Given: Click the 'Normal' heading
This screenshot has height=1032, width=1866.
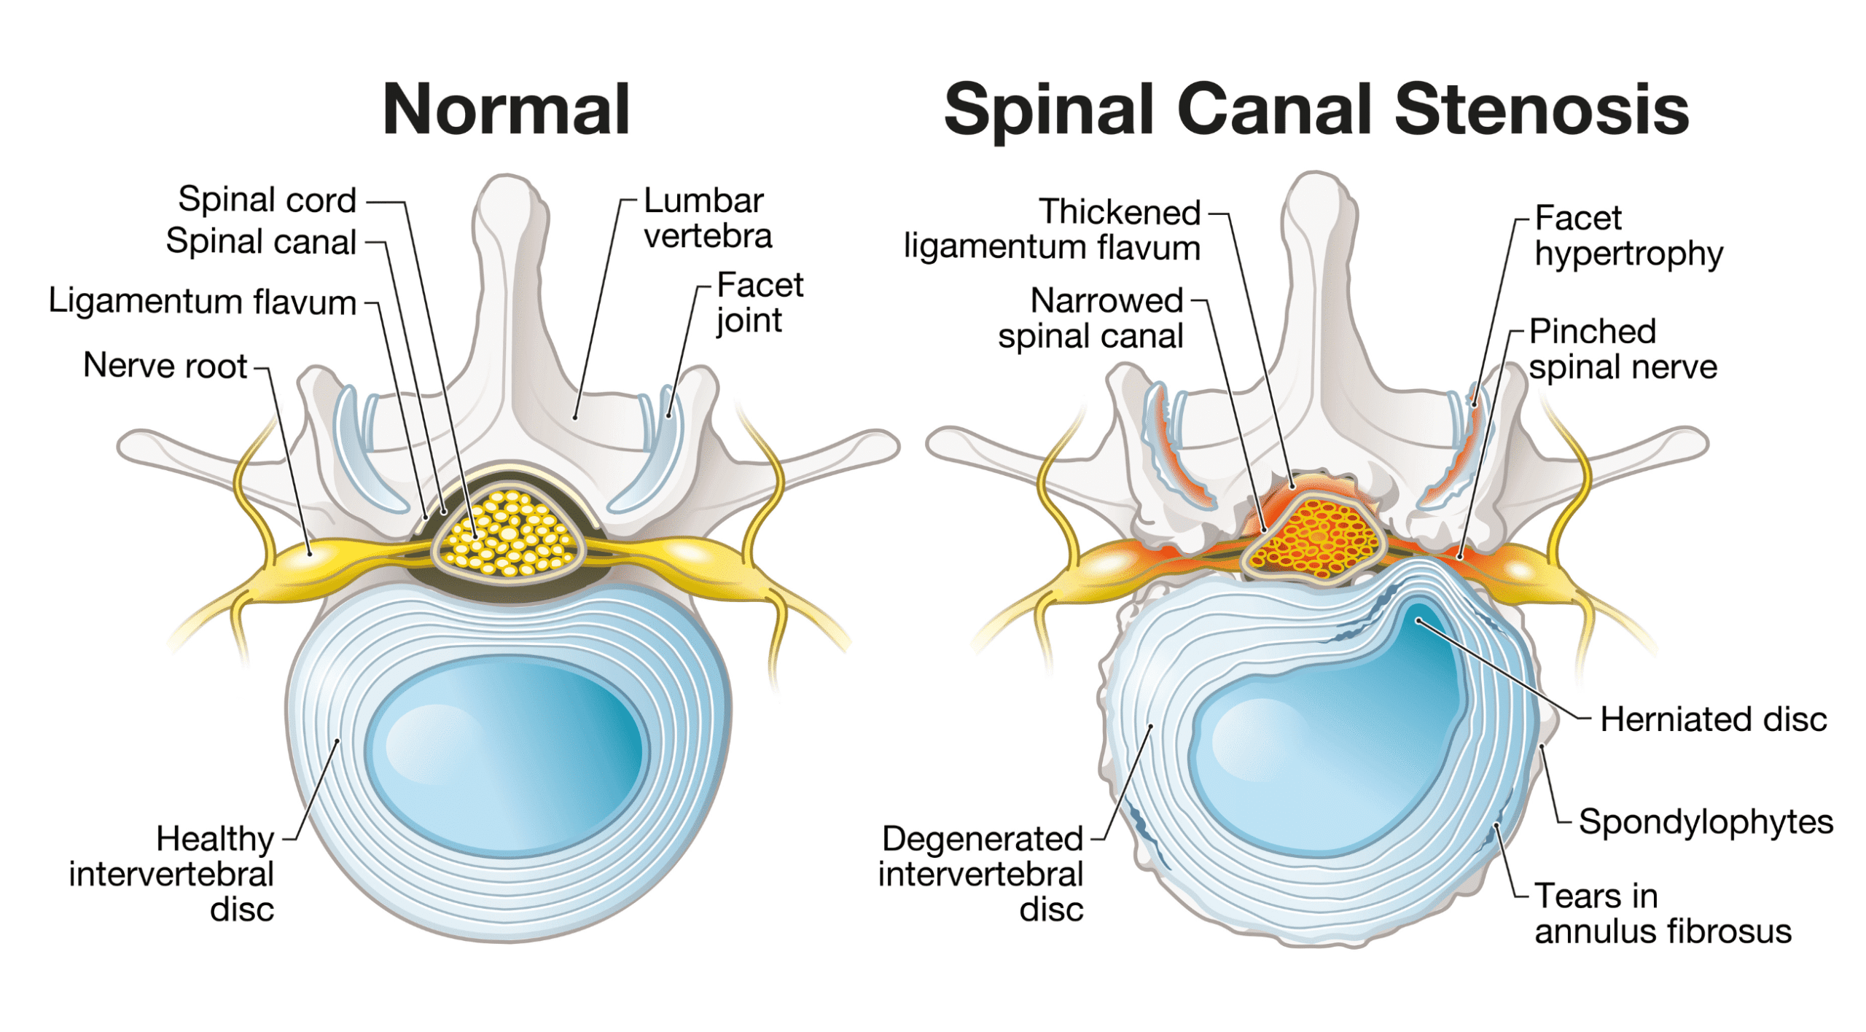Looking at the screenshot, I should click(x=505, y=109).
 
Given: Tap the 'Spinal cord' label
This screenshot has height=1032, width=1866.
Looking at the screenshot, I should click(x=267, y=200).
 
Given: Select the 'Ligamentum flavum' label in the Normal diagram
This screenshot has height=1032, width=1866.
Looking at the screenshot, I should click(x=202, y=301).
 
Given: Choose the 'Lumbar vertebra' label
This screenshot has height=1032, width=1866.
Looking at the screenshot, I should click(x=706, y=218).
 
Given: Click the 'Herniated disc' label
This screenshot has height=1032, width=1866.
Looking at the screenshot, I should click(x=1712, y=719).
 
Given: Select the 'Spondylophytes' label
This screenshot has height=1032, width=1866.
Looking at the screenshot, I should click(x=1705, y=821).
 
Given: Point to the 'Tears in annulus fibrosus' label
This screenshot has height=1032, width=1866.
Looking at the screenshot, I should click(x=1661, y=913).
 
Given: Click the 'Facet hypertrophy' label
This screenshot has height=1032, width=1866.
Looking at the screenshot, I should click(x=1628, y=235).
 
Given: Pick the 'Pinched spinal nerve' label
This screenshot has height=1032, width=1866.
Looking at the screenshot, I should click(x=1622, y=349).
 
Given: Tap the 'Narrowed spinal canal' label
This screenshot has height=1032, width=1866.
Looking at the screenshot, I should click(x=1091, y=318).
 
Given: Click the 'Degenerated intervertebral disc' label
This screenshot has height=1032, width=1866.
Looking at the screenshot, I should click(x=981, y=873).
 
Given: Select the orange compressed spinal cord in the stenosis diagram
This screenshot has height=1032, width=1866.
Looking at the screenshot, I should click(x=1316, y=537).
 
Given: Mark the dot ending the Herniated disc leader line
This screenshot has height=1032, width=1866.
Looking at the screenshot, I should click(x=1418, y=621).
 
